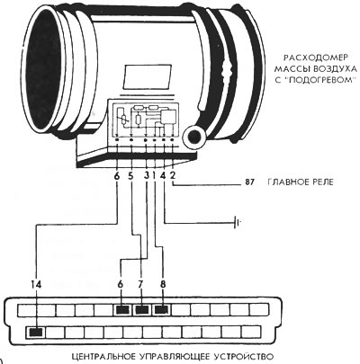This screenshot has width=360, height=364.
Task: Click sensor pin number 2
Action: click(172, 175)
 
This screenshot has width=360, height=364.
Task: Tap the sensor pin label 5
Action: click(130, 176)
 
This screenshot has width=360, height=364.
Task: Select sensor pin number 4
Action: click(164, 175)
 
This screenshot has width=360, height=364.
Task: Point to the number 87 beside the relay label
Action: click(249, 182)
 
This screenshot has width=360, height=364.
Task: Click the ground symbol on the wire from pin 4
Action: click(238, 223)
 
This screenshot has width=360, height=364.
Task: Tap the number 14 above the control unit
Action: click(37, 284)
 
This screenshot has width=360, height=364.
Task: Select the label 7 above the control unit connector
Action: click(140, 284)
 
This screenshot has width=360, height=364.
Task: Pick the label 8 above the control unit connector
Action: click(163, 284)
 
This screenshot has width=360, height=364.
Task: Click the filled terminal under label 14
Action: click(36, 332)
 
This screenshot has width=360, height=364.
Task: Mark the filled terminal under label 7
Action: click(142, 309)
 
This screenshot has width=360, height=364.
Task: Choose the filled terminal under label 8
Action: click(161, 309)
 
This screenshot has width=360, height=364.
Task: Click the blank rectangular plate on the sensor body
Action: click(148, 76)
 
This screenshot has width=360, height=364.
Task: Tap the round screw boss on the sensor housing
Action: click(194, 136)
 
